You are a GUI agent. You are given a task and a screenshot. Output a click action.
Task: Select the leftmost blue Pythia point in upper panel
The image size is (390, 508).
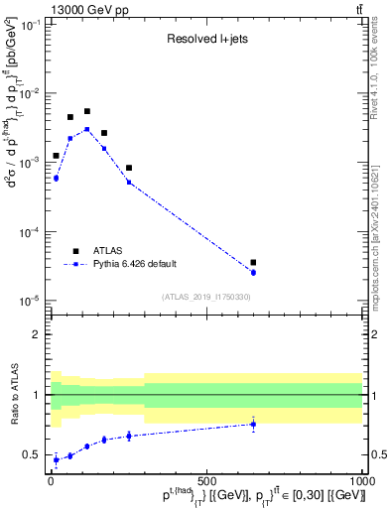[56, 179]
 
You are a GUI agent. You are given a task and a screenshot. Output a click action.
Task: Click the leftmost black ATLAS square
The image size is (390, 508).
[56, 156]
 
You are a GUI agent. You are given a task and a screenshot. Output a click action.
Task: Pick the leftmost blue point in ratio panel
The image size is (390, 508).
[56, 459]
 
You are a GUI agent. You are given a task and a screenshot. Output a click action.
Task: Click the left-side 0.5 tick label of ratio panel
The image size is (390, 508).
[33, 455]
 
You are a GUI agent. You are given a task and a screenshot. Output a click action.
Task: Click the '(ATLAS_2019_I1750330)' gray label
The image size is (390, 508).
[206, 297]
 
